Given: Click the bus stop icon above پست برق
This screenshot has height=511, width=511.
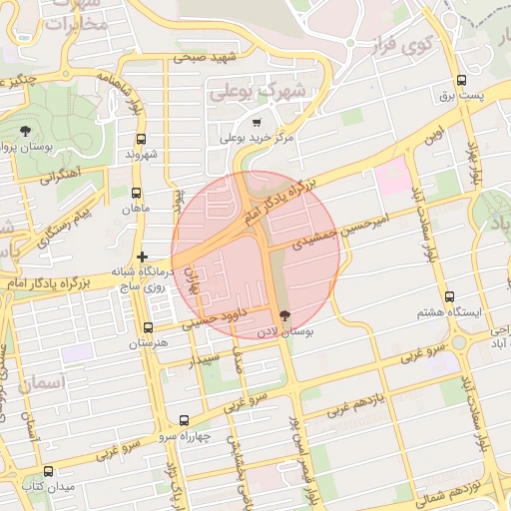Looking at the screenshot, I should tap(461, 81).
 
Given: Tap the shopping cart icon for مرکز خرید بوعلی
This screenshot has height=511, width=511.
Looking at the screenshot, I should tap(256, 122).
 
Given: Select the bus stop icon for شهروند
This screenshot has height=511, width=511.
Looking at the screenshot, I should tap(140, 140).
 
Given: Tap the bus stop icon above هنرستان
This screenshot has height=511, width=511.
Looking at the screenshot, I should tap(149, 327).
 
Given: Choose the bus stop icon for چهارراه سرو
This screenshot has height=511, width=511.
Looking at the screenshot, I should tap(183, 420).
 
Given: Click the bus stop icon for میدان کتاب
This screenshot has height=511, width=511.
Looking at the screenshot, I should tap(48, 471).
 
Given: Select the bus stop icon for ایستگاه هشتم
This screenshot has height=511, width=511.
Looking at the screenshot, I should tap(449, 296).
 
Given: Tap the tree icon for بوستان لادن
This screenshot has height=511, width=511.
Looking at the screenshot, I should tap(285, 315).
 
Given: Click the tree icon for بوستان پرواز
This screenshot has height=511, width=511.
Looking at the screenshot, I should tap(25, 130).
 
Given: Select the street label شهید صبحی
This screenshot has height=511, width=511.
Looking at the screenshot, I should tap(202, 57).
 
